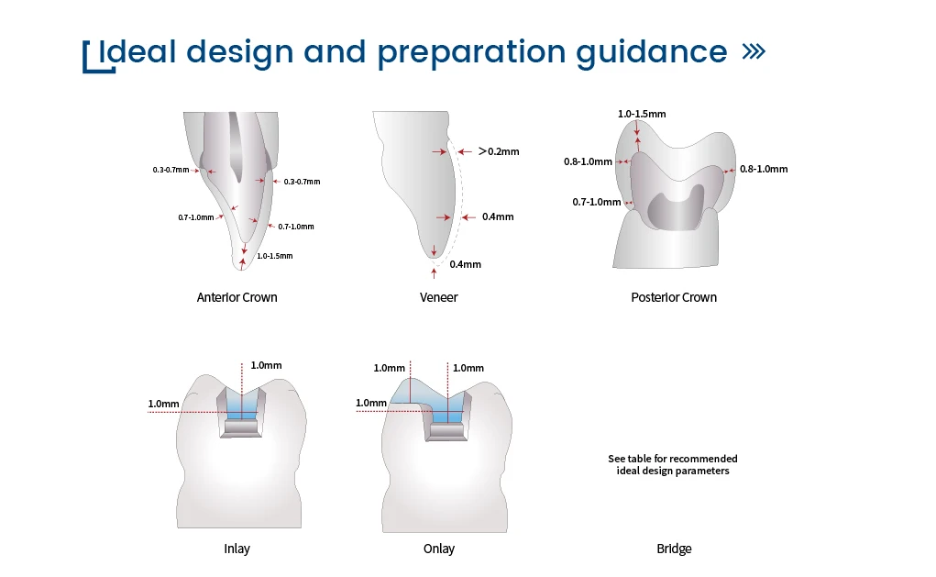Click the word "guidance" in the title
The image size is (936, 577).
(651, 52)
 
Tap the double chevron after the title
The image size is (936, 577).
(754, 51)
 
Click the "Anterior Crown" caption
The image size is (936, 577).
(237, 297)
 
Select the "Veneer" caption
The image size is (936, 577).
(439, 297)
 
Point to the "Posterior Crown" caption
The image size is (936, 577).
(674, 297)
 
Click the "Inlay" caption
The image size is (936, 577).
(237, 549)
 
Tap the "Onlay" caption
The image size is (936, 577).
(439, 549)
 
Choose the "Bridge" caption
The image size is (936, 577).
(674, 549)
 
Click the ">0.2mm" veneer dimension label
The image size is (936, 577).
(499, 151)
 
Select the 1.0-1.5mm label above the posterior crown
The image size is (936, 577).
(642, 114)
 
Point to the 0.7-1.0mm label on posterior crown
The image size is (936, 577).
(596, 203)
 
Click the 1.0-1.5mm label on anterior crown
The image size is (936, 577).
(275, 256)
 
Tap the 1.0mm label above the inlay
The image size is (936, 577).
(266, 365)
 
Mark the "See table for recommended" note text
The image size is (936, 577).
(673, 459)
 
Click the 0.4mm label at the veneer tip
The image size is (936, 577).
(465, 264)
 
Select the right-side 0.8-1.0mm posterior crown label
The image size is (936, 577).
(764, 169)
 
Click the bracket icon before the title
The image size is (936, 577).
(98, 58)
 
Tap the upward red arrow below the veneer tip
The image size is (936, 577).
(434, 273)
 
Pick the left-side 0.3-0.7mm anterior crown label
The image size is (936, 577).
(171, 171)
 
